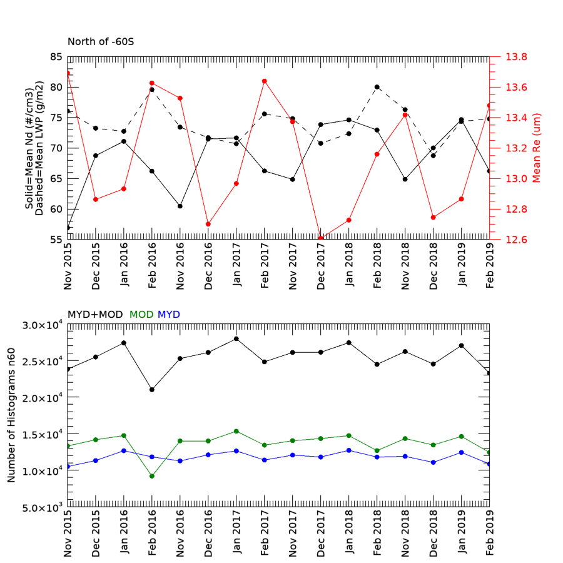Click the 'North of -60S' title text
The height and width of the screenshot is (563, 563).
pyautogui.click(x=101, y=43)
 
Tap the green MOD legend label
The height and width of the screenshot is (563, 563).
pyautogui.click(x=141, y=314)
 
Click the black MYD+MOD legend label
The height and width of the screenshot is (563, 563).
pyautogui.click(x=96, y=314)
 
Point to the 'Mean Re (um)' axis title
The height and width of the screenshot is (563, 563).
pyautogui.click(x=537, y=148)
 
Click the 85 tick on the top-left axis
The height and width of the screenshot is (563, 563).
pyautogui.click(x=55, y=57)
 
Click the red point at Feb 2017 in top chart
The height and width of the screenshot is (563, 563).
pyautogui.click(x=265, y=81)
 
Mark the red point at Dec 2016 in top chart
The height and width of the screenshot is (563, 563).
pyautogui.click(x=208, y=224)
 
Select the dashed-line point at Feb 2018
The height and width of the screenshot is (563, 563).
pyautogui.click(x=377, y=87)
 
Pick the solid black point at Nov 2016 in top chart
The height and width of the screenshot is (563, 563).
pyautogui.click(x=180, y=206)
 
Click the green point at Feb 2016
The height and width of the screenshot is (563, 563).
pyautogui.click(x=152, y=476)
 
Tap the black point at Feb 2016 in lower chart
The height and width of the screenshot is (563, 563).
pyautogui.click(x=152, y=390)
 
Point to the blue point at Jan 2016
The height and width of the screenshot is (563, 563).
pyautogui.click(x=124, y=450)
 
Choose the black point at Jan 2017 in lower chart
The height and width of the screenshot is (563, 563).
pyautogui.click(x=236, y=339)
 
